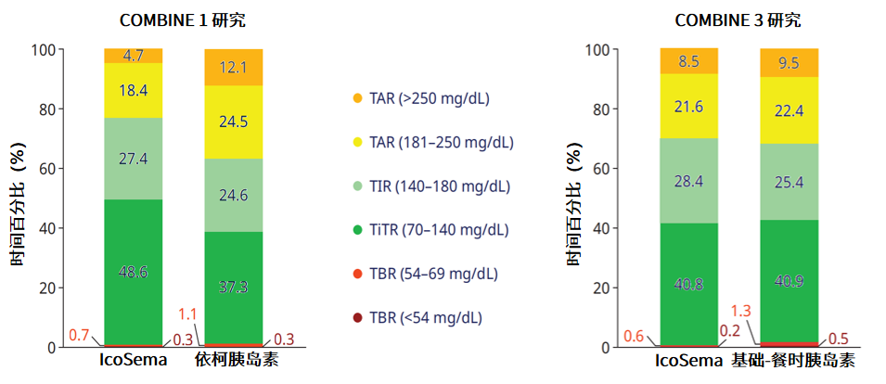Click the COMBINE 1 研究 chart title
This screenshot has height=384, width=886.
(x=183, y=19)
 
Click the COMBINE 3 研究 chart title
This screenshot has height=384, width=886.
(x=737, y=19)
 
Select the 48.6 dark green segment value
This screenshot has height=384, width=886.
(x=134, y=272)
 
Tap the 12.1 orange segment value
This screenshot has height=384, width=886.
(x=233, y=67)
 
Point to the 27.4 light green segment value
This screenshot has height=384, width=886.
(x=134, y=158)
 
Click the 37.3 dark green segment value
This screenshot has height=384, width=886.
(x=233, y=288)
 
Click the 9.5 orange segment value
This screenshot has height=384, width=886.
(x=789, y=64)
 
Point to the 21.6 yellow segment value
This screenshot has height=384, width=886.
(x=688, y=108)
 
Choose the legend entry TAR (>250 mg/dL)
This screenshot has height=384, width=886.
(x=430, y=98)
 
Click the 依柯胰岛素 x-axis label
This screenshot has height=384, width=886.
(x=233, y=359)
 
